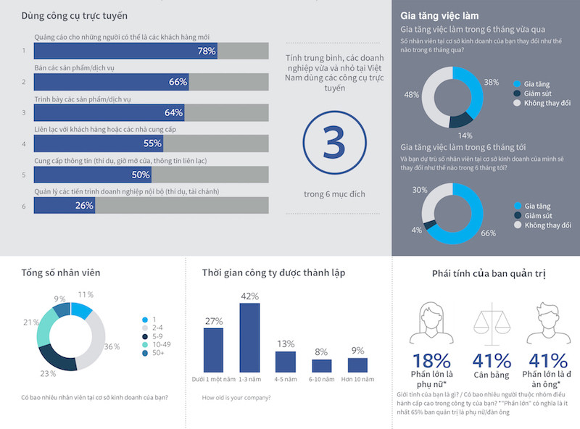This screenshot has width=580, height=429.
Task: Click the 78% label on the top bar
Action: coord(206,51)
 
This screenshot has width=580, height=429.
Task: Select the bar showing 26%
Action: coord(64,206)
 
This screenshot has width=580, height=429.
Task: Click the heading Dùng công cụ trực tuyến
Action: coord(80,15)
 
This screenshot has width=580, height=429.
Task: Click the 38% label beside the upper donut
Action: coord(491,83)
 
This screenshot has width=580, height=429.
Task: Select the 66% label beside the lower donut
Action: coord(488,233)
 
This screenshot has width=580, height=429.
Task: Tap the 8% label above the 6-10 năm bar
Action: coord(321,352)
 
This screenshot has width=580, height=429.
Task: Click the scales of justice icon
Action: coord(492,323)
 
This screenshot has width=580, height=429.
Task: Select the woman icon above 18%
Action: coord(431,323)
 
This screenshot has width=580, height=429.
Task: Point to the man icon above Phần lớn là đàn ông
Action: coord(548,323)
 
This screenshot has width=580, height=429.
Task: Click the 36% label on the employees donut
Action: coord(112,347)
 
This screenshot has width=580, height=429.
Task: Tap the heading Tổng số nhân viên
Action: coord(61,273)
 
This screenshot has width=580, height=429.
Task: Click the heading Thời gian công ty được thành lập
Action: coord(273,273)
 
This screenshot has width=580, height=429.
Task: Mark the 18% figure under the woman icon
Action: coord(431,361)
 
